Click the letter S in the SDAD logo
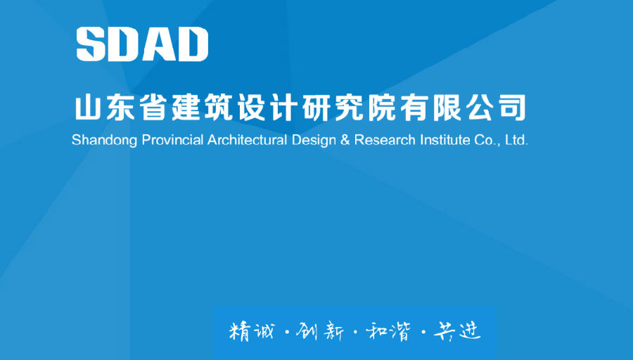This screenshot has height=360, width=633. pos(91,44)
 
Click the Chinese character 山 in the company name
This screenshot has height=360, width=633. pos(88,108)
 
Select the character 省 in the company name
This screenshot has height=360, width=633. pos(153,108)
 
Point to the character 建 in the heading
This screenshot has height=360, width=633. pos(186,108)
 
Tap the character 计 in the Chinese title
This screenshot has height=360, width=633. pos(284,108)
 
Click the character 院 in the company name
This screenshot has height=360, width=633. pos(383,108)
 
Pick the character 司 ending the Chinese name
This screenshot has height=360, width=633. pos(513,108)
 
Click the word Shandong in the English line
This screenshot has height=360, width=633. pos(105,141)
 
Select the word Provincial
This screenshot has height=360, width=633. pos(173,140)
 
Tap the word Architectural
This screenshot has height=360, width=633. pos(247,140)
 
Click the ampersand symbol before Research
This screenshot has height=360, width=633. pos(345,140)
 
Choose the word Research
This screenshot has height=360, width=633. pos(385,140)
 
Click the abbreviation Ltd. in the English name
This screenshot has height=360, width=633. pos(517,140)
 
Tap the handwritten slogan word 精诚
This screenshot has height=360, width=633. pos(251,332)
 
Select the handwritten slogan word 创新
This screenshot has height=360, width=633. pos(320,332)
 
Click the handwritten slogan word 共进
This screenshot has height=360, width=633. pos(457,332)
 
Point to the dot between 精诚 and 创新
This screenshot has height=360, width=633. pos(287,333)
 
